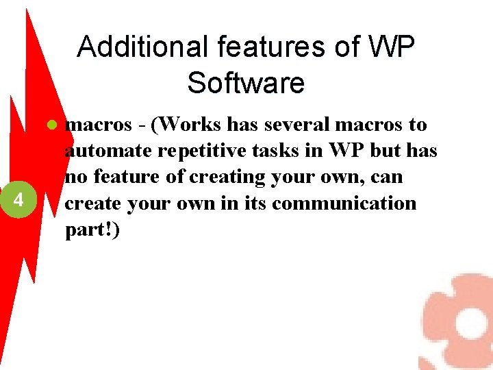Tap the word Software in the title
pos(245,83)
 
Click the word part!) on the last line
pos(92,230)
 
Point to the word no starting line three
pos(75,177)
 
